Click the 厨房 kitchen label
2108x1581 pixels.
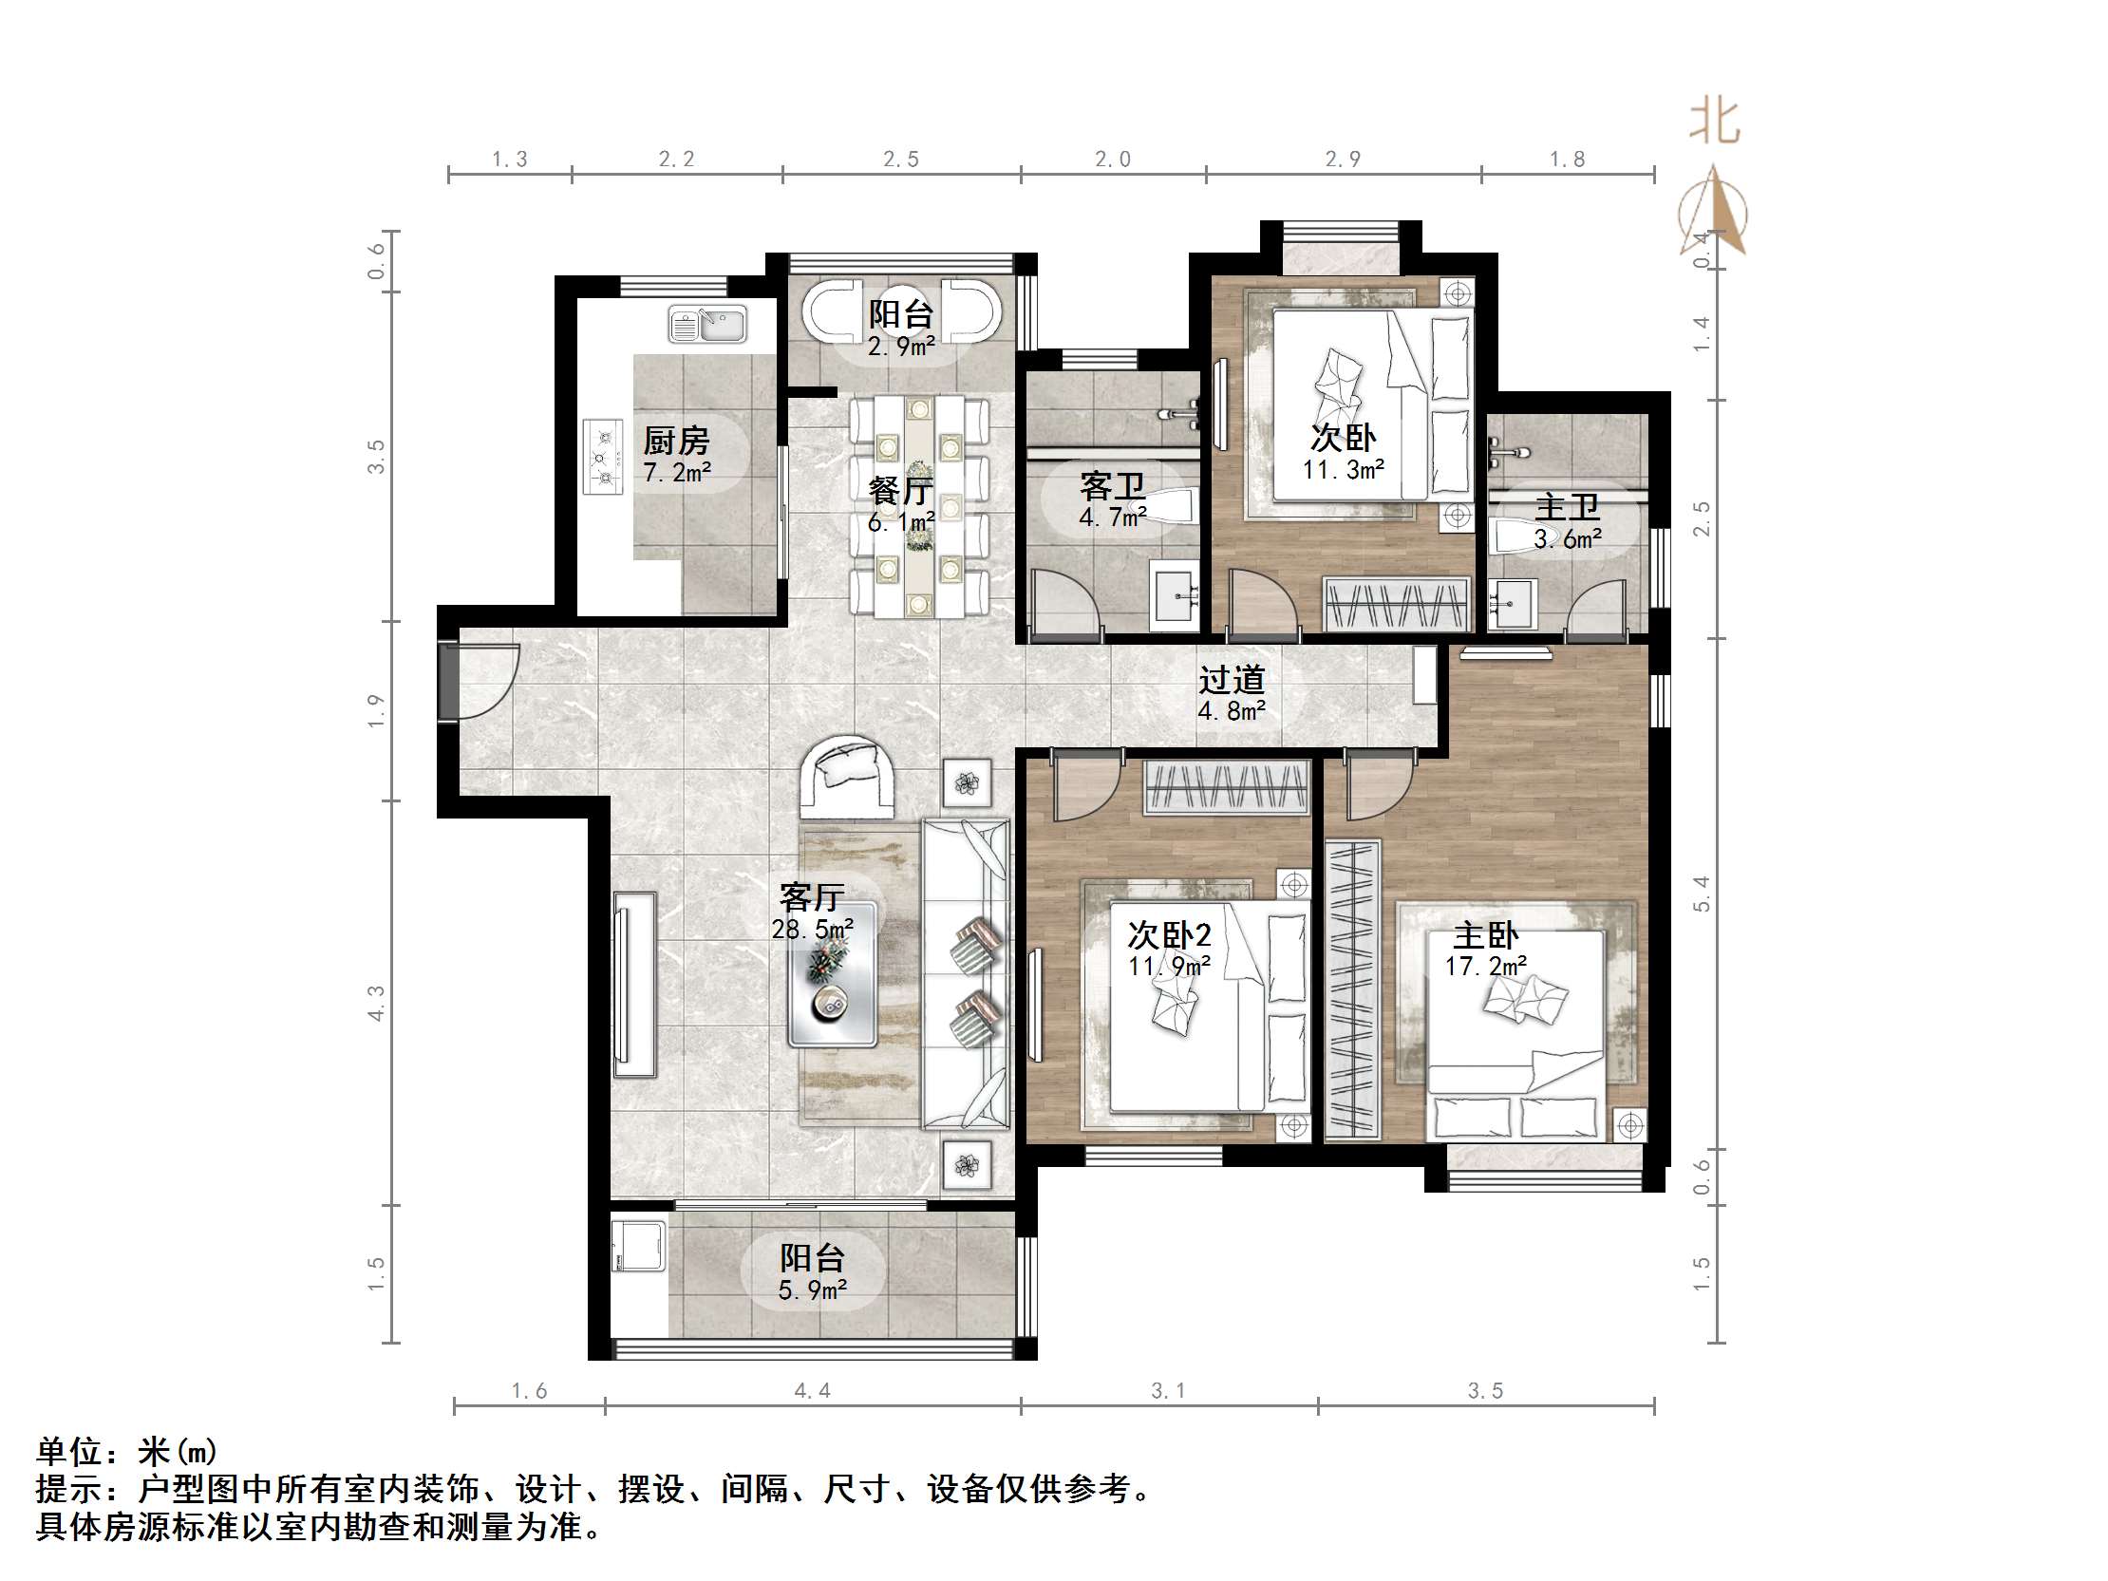point(676,441)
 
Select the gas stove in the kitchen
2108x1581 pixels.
point(601,458)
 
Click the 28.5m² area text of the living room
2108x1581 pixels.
point(812,929)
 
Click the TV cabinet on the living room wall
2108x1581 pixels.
point(633,985)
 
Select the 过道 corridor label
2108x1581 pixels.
point(1232,680)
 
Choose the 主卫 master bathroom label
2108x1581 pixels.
point(1567,507)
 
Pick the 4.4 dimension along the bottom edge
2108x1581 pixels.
point(812,1391)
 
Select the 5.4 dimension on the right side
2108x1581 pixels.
point(1702,894)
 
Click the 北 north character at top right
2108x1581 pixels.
point(1715,122)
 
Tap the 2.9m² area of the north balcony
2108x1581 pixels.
point(900,347)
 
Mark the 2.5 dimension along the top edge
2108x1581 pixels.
point(900,160)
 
